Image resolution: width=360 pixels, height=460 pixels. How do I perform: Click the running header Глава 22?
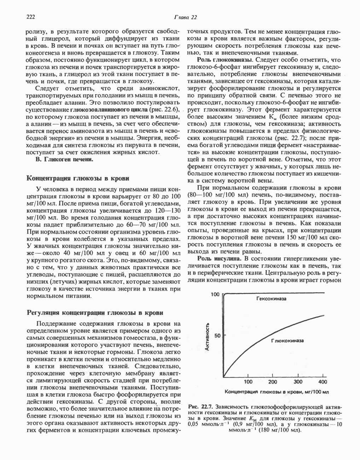pos(185,17)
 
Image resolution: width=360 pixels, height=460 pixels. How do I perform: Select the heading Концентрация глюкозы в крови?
pos(78,178)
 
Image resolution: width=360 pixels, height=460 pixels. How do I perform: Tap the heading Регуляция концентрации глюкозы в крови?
pos(95,312)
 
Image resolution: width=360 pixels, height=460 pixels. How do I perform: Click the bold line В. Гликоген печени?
pos(65,160)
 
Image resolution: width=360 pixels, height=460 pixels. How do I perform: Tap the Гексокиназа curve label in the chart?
pos(271,299)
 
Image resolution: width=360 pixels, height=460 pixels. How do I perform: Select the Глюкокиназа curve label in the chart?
pos(287,341)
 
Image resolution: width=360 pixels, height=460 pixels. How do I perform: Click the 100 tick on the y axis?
pos(215,294)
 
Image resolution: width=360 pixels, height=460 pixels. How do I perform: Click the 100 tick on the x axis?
pos(248,382)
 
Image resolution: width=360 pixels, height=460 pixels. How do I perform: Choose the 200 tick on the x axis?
pos(273,382)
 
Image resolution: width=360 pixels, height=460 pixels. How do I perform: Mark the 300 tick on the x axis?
pos(298,382)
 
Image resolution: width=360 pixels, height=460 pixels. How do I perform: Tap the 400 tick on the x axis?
pos(323,382)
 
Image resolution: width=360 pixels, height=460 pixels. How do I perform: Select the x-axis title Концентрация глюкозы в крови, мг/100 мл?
pos(277,392)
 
